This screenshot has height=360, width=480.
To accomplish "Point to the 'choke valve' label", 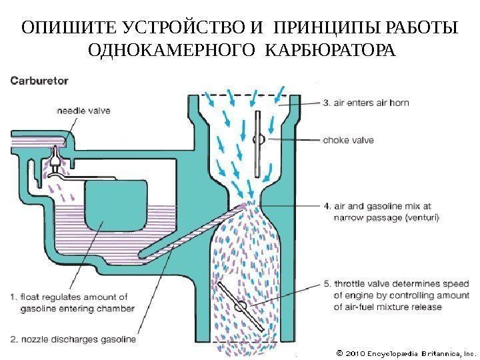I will point(348,141).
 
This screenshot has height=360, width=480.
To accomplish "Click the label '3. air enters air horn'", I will point(366,103).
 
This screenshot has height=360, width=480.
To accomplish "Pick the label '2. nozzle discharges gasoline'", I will point(73,339).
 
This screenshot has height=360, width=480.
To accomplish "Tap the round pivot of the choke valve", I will point(260,139).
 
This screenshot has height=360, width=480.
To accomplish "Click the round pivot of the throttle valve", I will point(241,305).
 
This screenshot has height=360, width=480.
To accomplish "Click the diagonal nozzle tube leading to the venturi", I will point(193,234).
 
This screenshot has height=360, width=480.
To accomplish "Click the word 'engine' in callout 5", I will point(360,295).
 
